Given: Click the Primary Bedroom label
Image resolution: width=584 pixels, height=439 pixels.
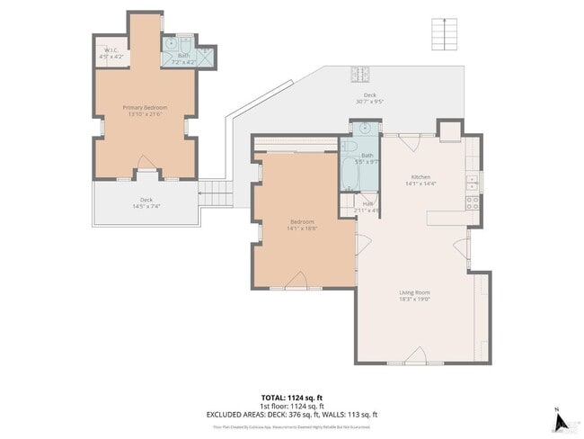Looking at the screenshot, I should (145, 107).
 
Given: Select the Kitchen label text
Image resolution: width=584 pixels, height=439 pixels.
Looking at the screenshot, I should (421, 176).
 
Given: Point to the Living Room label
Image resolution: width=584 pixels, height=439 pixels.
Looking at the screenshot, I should (414, 291).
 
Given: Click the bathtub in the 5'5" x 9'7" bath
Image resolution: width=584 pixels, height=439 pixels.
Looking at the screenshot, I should (350, 176).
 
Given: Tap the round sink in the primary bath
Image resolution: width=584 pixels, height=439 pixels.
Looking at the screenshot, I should (171, 43).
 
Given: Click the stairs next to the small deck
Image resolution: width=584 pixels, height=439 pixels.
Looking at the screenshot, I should (212, 192).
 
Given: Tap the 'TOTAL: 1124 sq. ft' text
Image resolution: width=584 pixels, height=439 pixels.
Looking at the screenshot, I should (292, 397).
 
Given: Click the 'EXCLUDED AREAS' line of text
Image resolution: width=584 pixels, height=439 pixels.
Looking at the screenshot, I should (292, 414).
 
